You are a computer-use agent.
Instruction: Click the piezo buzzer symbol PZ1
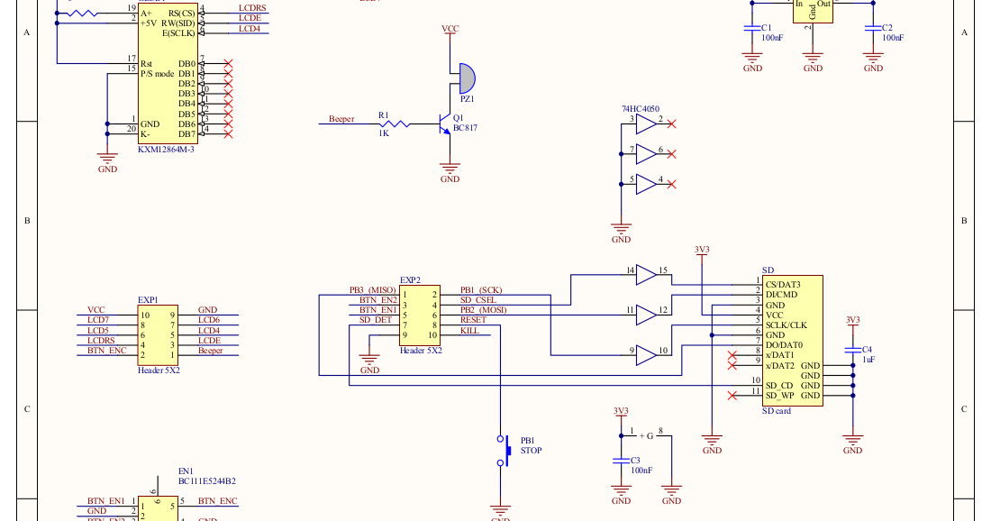point(466,78)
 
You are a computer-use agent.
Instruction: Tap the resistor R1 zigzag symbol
point(396,123)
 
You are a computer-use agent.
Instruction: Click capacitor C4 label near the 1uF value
point(867,349)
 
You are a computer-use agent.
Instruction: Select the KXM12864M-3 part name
point(166,150)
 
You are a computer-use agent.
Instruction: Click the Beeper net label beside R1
point(341,119)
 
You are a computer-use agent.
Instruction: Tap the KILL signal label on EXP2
point(469,331)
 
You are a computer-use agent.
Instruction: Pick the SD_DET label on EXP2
point(376,319)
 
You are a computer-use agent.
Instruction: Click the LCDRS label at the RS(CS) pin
point(252,8)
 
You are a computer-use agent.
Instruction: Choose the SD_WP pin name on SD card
point(779,396)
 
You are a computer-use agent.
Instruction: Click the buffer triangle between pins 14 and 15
point(646,274)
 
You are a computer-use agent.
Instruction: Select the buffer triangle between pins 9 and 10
point(646,356)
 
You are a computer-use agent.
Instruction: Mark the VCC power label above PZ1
point(450,30)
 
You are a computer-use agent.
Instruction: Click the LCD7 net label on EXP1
point(98,320)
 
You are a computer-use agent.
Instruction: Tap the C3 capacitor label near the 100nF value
point(634,460)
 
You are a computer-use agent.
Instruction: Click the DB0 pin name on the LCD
point(186,64)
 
